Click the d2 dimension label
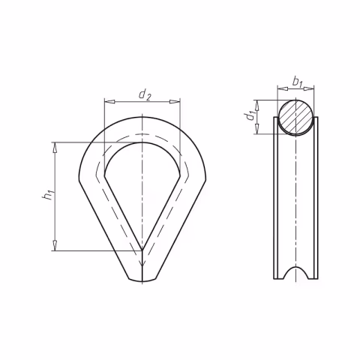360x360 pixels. pos(145,95)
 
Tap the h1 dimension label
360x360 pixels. pos(48,195)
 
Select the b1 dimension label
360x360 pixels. pos(298,82)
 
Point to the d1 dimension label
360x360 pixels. pos(250,116)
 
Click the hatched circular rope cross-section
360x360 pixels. pos(295,116)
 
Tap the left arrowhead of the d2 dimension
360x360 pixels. pos(109,102)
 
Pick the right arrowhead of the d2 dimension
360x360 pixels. pos(175,102)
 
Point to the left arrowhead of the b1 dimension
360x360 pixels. pos(283,88)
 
